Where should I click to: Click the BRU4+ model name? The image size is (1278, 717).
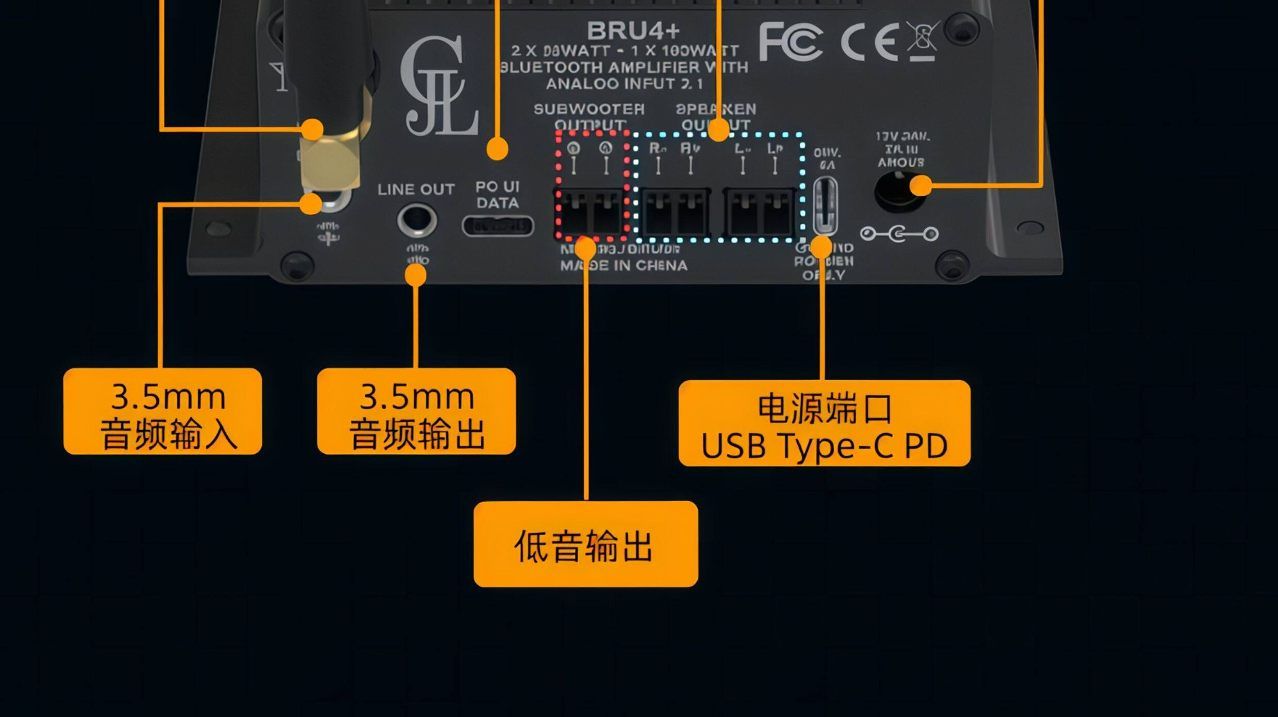(633, 31)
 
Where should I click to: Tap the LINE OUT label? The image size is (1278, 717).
(416, 190)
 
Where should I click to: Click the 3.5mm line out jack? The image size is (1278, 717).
(416, 220)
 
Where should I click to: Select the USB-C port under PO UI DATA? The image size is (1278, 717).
(497, 226)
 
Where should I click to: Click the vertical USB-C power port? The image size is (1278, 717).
(825, 206)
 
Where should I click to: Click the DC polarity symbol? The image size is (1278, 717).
(899, 234)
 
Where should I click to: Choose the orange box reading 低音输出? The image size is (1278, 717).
(585, 544)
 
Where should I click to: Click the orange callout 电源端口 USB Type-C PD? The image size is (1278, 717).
(824, 423)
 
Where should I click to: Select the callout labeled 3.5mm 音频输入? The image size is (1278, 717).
(162, 411)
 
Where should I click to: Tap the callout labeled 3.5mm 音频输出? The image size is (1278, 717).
(416, 411)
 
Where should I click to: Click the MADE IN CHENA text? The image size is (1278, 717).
(624, 266)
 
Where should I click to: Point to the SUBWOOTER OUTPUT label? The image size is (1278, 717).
(589, 117)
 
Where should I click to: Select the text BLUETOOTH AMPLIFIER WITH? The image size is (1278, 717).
(624, 67)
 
